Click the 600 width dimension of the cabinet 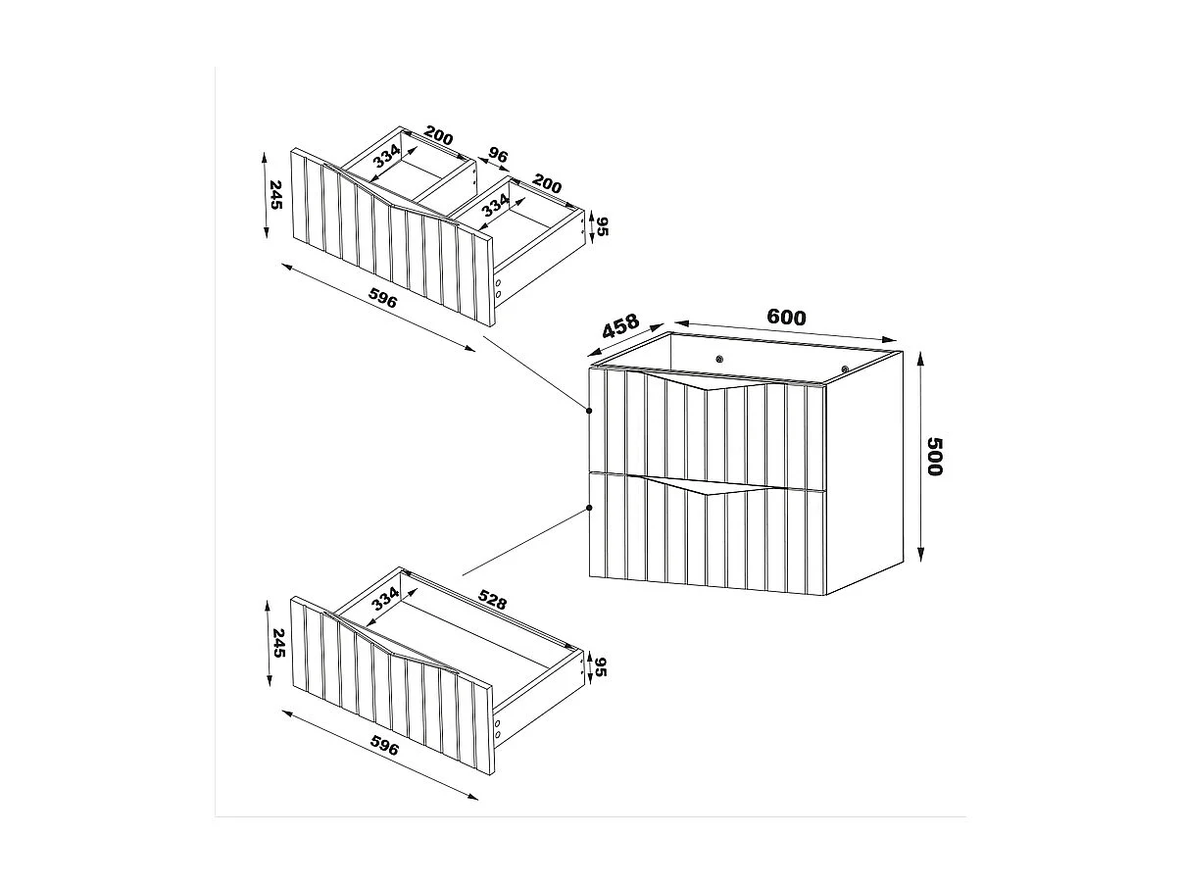click(786, 318)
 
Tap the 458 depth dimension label click(619, 327)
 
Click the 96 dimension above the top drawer click(498, 157)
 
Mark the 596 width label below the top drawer click(382, 298)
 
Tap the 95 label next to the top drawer click(603, 227)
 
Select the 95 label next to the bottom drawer click(603, 667)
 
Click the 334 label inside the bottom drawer click(384, 600)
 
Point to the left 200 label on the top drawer click(438, 137)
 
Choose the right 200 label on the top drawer click(546, 184)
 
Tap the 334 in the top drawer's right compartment click(495, 205)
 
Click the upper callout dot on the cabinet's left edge click(589, 410)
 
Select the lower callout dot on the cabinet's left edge click(589, 508)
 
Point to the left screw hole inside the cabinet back click(720, 359)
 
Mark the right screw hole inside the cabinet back click(844, 369)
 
